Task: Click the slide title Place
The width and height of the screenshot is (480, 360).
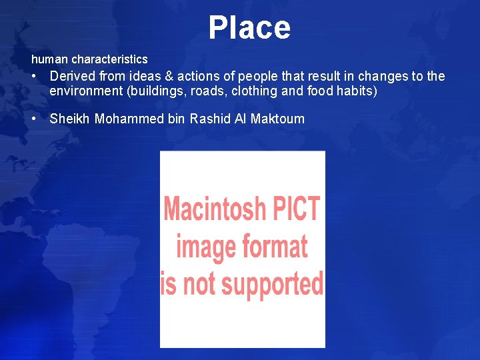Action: click(249, 28)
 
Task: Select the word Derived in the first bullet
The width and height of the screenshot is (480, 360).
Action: click(73, 76)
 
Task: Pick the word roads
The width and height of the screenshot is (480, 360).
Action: click(209, 91)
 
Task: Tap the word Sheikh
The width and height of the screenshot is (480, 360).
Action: click(70, 119)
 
